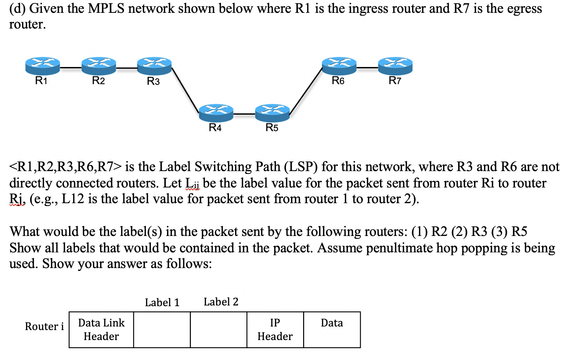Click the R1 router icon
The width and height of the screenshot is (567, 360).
click(42, 66)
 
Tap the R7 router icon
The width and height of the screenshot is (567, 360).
click(395, 66)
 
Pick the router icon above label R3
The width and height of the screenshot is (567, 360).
click(154, 66)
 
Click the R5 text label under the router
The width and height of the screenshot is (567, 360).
click(272, 128)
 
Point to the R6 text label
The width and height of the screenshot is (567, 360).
click(338, 81)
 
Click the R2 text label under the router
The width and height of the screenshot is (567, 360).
click(98, 81)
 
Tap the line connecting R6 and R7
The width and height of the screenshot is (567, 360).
click(367, 67)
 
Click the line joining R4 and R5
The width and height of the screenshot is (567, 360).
click(244, 114)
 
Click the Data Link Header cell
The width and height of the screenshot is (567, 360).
click(102, 330)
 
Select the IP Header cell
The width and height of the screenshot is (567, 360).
click(275, 330)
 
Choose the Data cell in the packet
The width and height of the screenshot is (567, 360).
click(332, 330)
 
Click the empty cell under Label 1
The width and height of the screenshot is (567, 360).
click(162, 330)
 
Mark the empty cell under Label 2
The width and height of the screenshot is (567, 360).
click(218, 330)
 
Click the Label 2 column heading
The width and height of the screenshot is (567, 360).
click(221, 302)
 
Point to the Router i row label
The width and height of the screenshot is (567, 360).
click(44, 326)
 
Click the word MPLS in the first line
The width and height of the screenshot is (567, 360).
click(106, 8)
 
